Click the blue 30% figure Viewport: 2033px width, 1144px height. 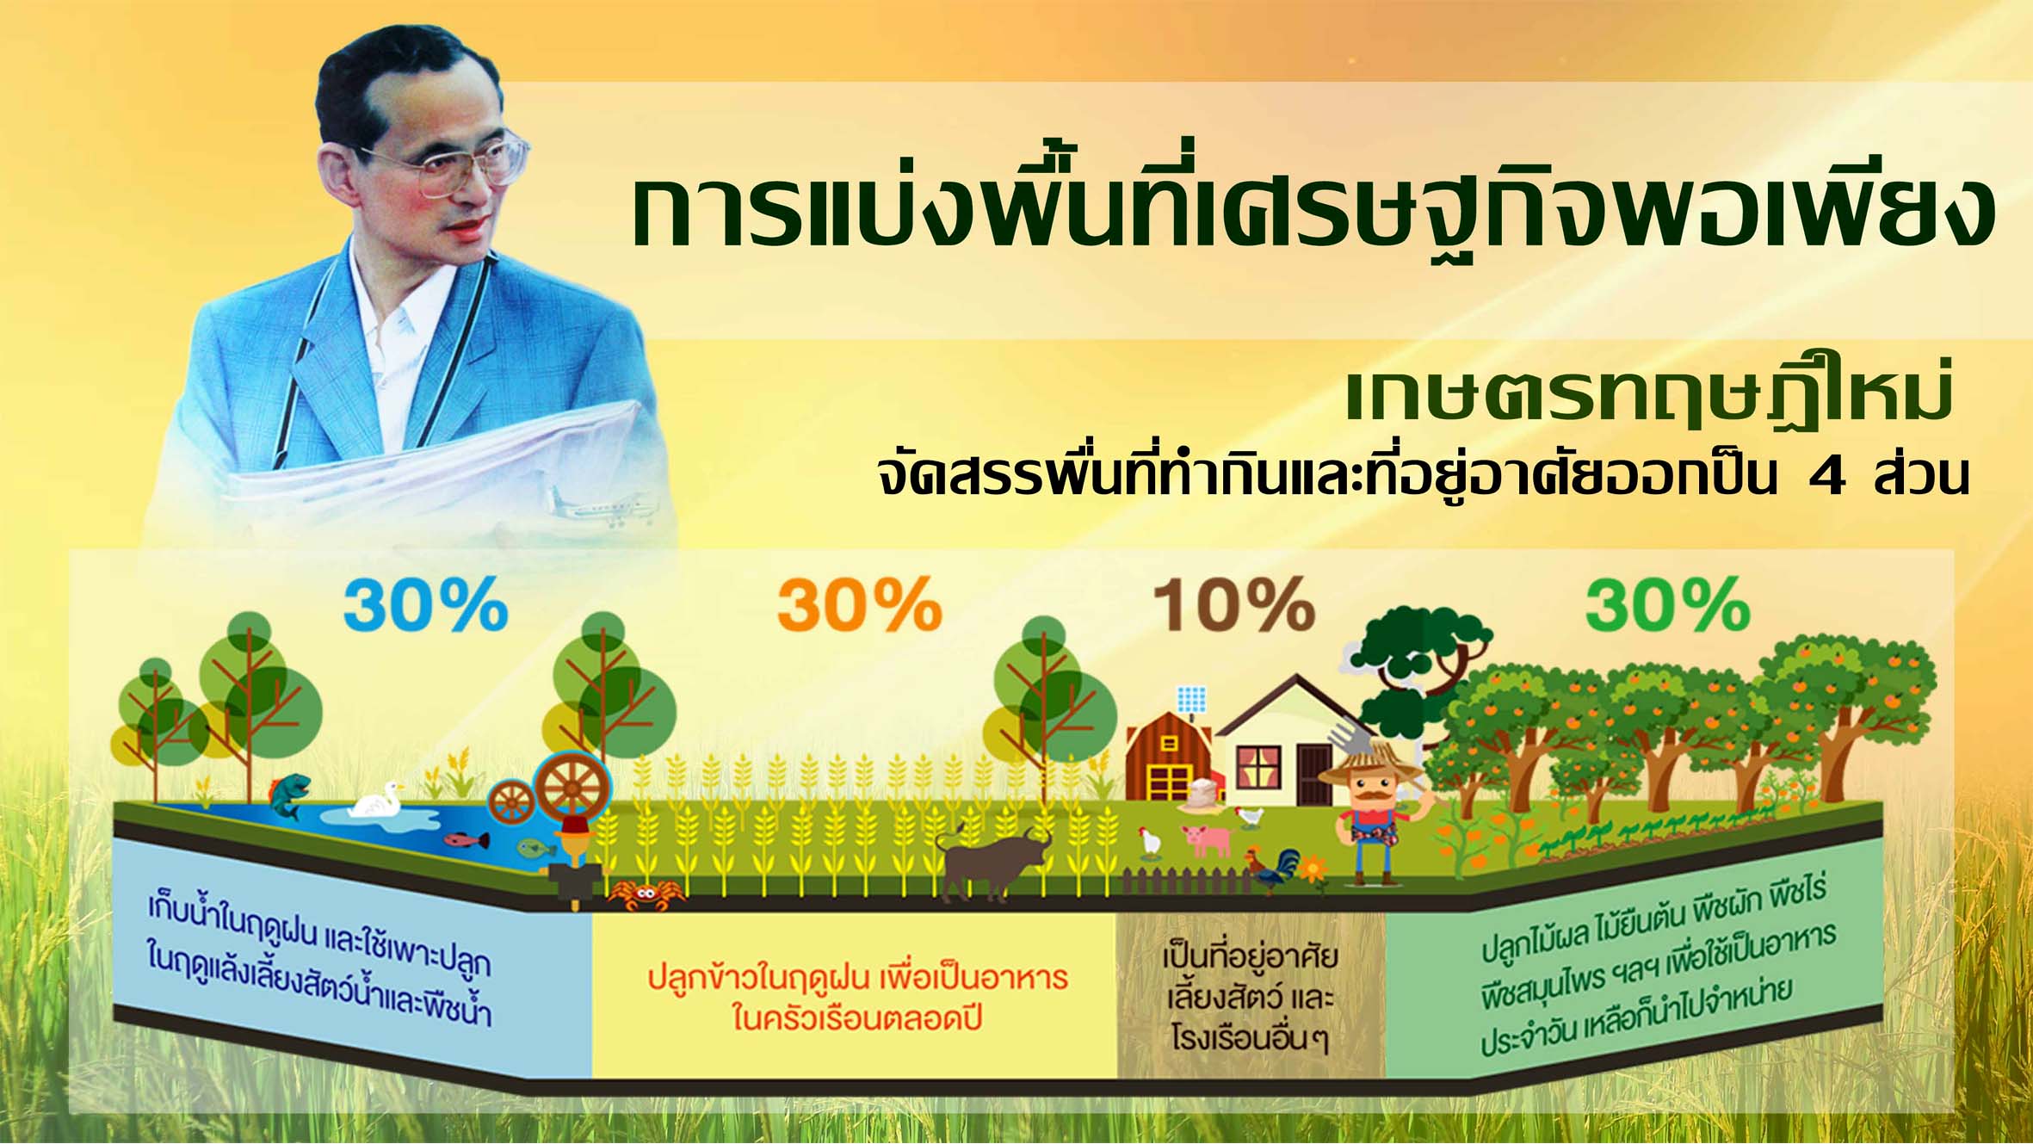[425, 604]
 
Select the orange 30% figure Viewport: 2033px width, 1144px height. [859, 604]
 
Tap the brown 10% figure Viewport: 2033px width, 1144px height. [1233, 604]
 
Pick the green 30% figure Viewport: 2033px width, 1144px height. [1667, 604]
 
